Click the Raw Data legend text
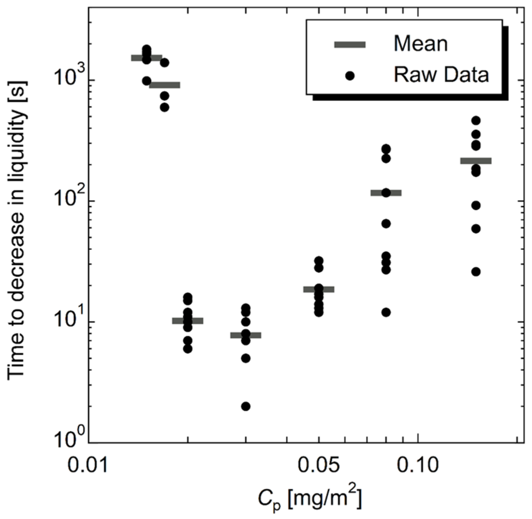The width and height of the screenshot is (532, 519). click(441, 75)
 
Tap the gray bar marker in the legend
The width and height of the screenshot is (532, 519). click(350, 45)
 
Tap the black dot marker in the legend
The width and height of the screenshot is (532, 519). click(350, 76)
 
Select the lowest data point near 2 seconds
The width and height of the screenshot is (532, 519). click(246, 406)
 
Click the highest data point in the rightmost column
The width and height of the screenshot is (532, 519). click(476, 121)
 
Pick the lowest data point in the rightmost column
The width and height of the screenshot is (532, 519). click(476, 272)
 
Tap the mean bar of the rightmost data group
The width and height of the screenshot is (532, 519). click(476, 161)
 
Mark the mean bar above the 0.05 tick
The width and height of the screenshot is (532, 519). click(319, 289)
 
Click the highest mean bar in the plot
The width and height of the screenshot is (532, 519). click(146, 58)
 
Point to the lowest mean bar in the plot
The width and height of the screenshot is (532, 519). click(246, 335)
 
